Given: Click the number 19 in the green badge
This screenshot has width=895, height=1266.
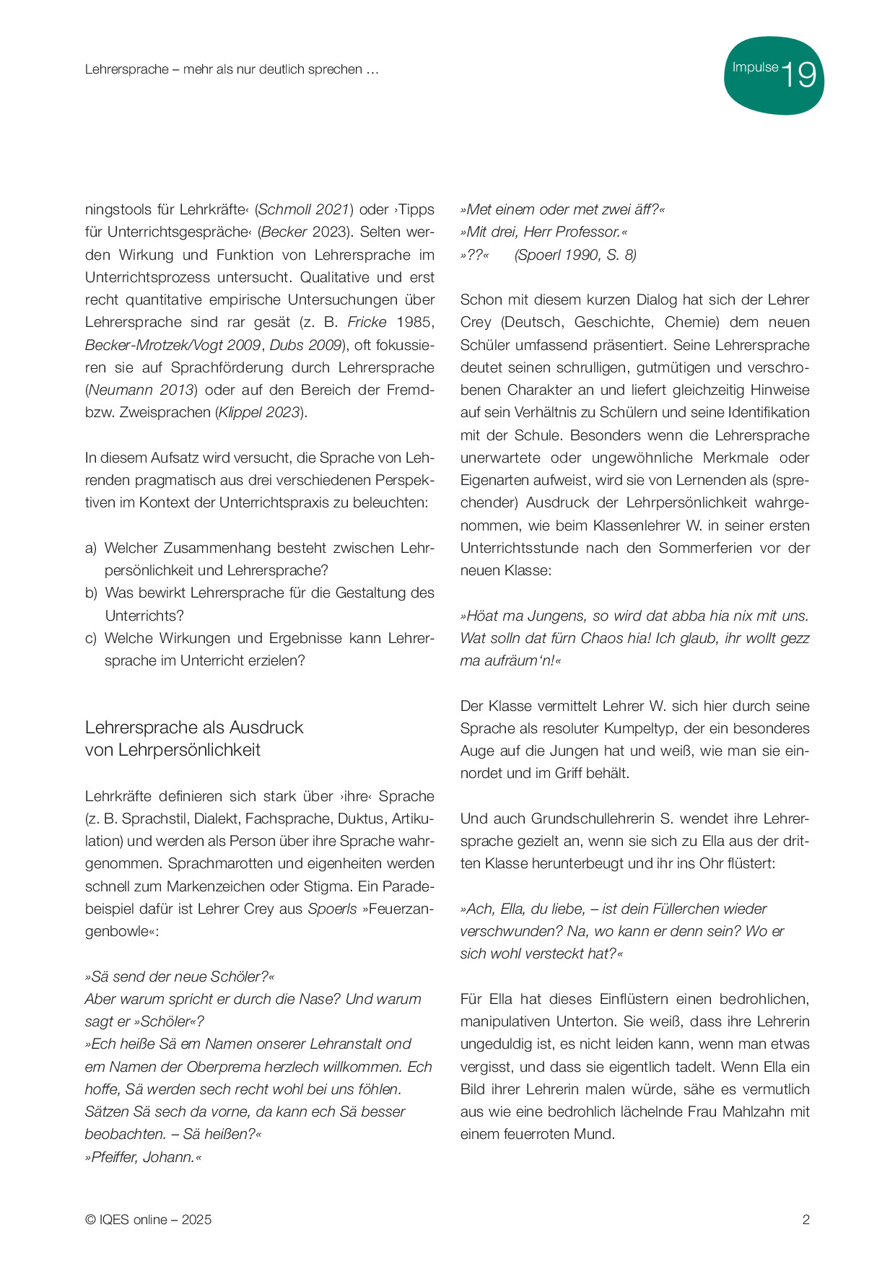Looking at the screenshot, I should pos(799,75).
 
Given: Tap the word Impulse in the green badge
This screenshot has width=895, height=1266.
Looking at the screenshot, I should pos(755,67).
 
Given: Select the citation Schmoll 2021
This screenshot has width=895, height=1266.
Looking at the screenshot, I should pos(304,209).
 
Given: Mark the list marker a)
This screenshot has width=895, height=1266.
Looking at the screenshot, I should pos(91,548).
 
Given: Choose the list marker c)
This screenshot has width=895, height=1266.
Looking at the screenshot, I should pos(91,638).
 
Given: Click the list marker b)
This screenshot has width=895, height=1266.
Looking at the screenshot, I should pos(91,593).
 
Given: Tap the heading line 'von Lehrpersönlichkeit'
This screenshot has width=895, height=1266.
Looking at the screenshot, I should pos(173,750).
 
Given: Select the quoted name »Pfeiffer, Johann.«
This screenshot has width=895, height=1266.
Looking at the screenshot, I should pos(143,1157).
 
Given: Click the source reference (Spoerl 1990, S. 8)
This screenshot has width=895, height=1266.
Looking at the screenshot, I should pos(575,255).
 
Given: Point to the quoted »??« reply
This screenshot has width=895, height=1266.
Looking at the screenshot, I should pos(474,255).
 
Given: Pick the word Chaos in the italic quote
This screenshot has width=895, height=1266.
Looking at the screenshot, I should pos(602,638).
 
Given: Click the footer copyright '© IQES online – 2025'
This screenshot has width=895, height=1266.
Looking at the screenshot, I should pos(148,1220).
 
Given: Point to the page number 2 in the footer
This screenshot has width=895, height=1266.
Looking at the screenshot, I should pos(805,1220).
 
